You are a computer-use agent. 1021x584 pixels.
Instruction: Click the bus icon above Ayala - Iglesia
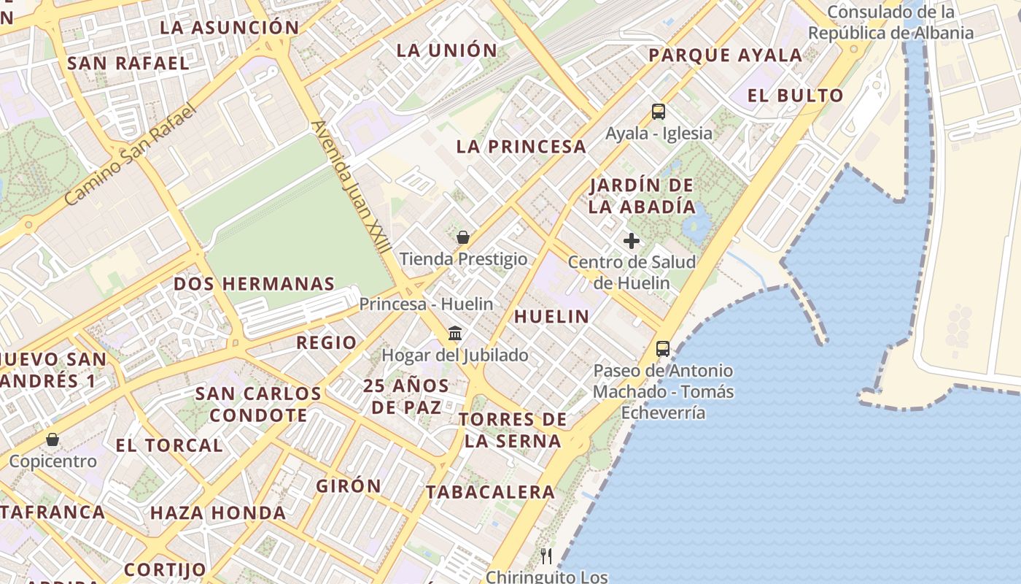659,112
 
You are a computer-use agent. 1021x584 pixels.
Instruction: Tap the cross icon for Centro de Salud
632,241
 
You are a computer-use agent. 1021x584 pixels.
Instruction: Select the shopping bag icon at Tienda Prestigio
462,237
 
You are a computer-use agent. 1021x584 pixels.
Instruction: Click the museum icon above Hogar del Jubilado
455,334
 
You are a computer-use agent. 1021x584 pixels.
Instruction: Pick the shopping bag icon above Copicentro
53,439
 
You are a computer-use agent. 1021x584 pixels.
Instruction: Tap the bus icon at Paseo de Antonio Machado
662,349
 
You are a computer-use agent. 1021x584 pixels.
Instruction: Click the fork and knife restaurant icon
546,556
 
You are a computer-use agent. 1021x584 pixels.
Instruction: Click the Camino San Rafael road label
131,155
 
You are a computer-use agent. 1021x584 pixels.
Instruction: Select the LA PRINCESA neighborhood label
521,147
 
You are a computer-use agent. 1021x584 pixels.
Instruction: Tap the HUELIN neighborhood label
551,316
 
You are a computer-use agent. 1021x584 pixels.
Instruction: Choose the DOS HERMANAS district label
254,284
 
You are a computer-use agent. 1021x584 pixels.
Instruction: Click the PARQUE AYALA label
725,55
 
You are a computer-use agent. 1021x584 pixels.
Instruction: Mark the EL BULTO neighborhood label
796,96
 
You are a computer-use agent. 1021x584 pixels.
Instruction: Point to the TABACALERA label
491,492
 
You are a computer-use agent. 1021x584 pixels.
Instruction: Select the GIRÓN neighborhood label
349,485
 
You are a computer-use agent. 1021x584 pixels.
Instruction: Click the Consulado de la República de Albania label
890,23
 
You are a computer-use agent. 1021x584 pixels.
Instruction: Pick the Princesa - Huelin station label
426,304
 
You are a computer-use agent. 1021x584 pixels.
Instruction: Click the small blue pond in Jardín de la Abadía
696,225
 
